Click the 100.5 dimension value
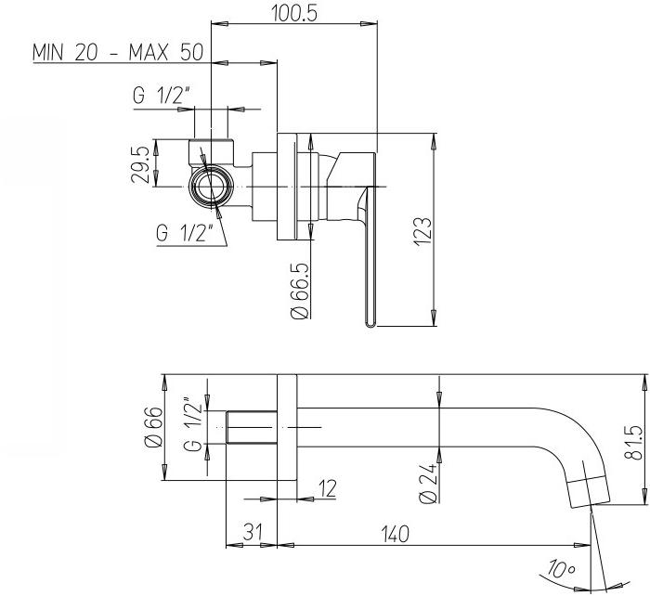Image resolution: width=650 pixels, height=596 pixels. [294, 13]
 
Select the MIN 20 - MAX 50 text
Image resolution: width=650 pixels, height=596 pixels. [118, 53]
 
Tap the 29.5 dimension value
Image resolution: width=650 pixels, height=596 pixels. [139, 164]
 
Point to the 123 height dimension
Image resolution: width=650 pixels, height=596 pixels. [424, 231]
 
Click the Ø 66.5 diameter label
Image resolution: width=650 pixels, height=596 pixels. [301, 291]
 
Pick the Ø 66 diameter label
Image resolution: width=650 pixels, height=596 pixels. [153, 427]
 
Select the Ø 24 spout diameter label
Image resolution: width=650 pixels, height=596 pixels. [428, 483]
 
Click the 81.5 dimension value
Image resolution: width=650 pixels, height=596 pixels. [633, 443]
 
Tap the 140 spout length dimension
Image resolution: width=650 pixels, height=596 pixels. [396, 534]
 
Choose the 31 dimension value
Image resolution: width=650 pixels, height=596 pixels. [253, 532]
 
